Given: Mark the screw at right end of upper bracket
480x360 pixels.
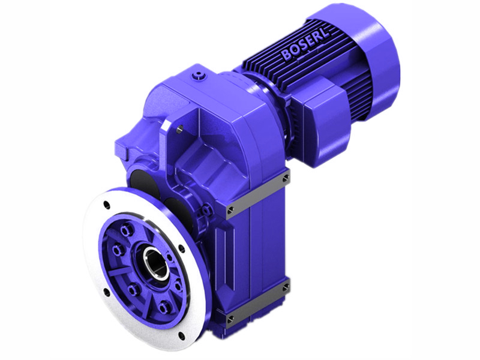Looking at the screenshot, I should pyautogui.click(x=285, y=178).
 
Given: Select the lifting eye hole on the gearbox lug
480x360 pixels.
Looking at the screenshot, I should pyautogui.click(x=179, y=127).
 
